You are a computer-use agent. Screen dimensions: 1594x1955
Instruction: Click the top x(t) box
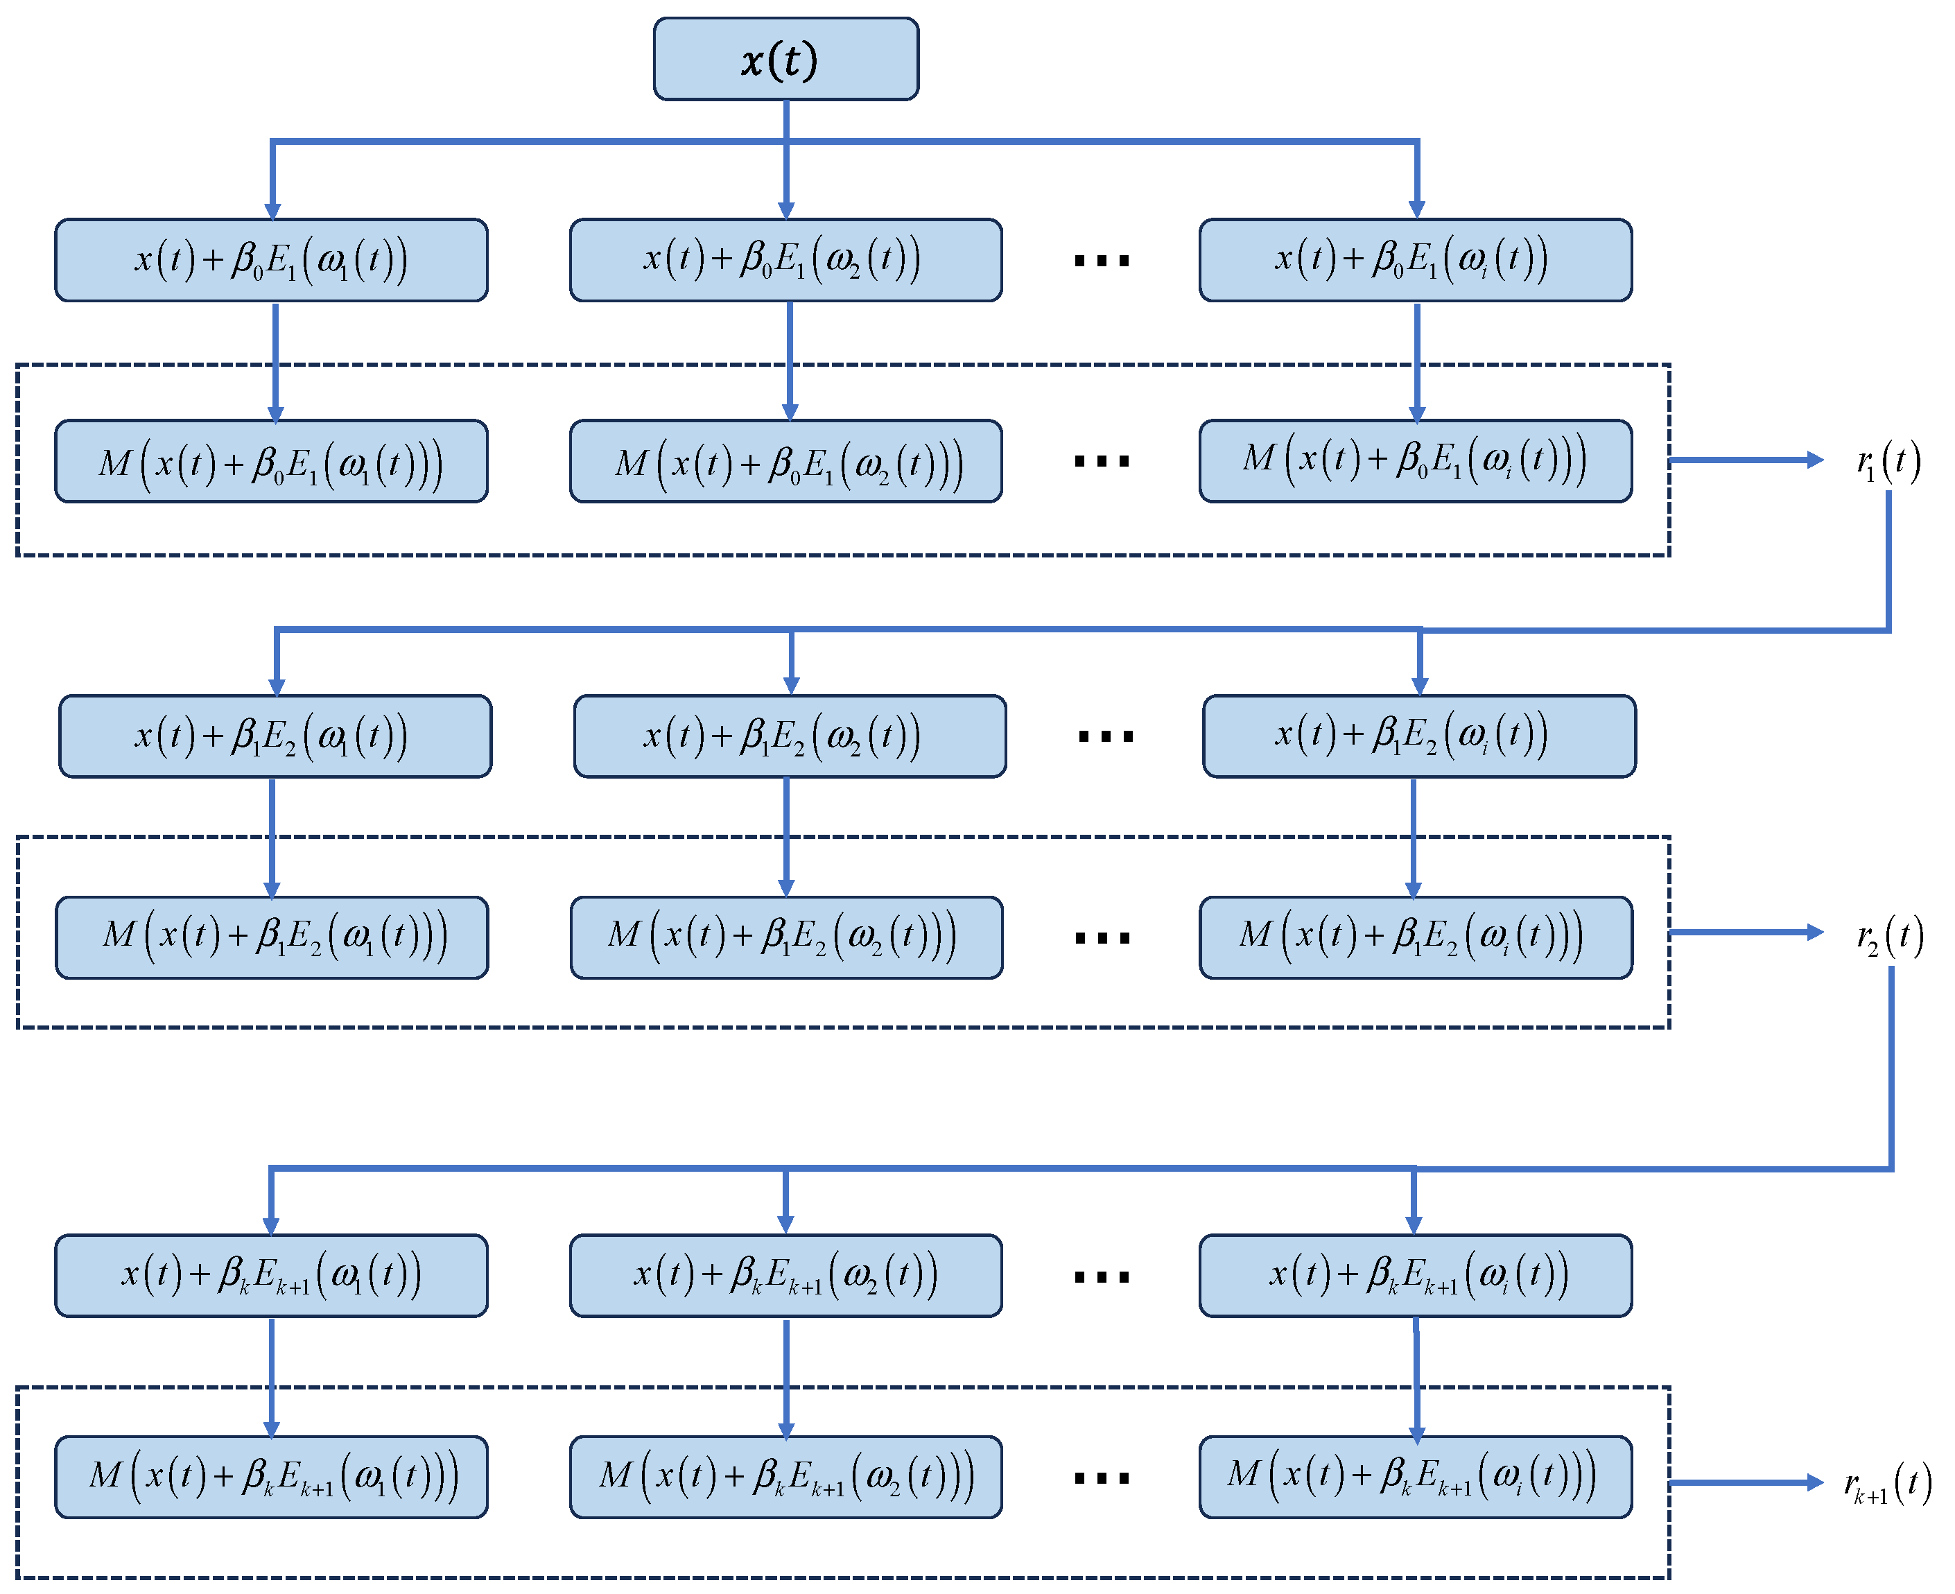point(785,59)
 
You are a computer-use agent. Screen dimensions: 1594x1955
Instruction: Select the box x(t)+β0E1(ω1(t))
point(271,260)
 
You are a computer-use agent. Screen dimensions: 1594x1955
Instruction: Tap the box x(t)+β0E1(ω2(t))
point(785,260)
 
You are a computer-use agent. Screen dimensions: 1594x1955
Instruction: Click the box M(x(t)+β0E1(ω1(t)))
point(271,461)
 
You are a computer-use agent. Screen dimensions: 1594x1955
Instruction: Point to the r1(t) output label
point(1888,461)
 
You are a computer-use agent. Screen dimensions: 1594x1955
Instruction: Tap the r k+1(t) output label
point(1888,1484)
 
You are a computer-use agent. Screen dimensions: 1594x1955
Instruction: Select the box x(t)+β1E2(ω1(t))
point(275,736)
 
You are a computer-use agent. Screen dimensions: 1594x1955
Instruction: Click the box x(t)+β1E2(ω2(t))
point(790,736)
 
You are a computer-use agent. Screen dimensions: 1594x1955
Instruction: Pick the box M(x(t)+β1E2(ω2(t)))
point(785,937)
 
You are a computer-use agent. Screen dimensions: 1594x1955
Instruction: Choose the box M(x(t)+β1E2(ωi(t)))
point(1416,937)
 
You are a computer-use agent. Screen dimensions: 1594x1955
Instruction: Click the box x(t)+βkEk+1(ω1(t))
point(271,1274)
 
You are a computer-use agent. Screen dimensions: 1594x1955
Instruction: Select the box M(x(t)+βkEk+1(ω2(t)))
point(785,1476)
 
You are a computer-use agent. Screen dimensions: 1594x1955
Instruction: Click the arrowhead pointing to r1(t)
point(1814,460)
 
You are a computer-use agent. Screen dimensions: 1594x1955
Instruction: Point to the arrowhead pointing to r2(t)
point(1814,932)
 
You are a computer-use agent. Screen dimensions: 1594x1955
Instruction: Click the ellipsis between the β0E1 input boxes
point(1102,261)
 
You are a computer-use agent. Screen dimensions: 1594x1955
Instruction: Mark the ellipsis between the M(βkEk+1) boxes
point(1102,1478)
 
